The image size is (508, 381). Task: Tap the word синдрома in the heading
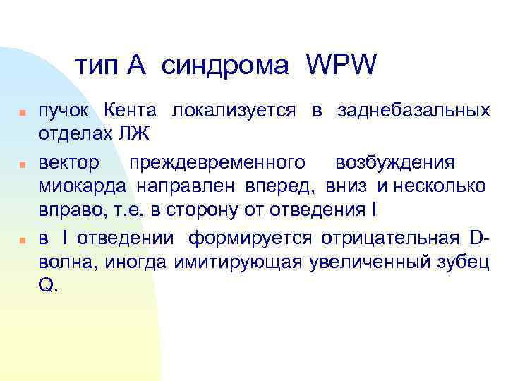tap(225, 66)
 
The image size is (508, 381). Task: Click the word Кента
tap(133, 111)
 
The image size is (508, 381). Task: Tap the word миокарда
tap(81, 185)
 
